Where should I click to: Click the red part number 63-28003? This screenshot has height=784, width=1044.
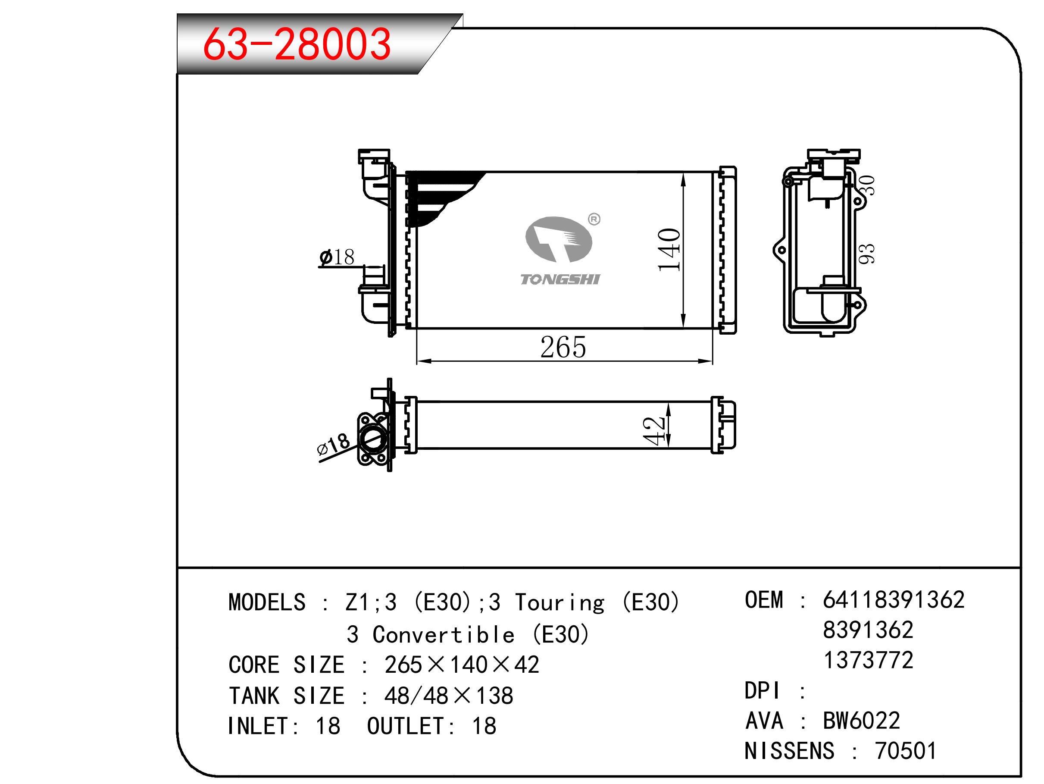point(297,44)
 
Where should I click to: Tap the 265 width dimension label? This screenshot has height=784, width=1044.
point(563,348)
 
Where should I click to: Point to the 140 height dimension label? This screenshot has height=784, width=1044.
point(669,250)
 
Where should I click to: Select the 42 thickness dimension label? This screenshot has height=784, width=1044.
point(654,431)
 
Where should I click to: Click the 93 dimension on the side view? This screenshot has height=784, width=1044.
point(866,254)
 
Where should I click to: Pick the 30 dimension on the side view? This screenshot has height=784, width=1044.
point(867,185)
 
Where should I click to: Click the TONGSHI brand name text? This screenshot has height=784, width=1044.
point(560,279)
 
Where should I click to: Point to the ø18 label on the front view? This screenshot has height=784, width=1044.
point(337,257)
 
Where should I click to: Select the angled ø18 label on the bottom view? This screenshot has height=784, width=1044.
point(333,445)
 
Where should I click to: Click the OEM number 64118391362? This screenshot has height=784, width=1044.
point(894,600)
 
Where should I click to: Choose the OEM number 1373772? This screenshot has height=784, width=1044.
point(869,660)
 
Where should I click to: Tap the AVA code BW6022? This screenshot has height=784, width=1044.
point(862,721)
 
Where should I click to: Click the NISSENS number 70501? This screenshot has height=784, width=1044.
point(906,751)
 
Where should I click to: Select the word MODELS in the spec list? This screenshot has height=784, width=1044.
point(267,602)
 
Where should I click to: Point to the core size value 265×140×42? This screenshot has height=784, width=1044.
point(462,665)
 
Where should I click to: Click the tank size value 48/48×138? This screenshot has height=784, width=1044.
point(449,696)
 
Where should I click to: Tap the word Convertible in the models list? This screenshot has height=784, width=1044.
point(443,635)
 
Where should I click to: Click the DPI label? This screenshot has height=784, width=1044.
point(762,690)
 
